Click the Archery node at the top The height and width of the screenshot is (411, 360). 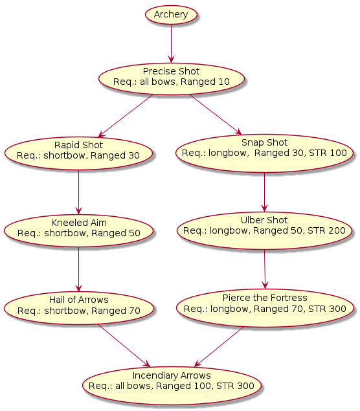pos(171,15)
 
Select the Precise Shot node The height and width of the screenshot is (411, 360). pos(172,78)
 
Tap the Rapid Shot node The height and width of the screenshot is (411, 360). pos(78,153)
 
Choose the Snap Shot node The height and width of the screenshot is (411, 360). pos(264,153)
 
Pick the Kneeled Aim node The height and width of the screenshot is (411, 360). pos(78,230)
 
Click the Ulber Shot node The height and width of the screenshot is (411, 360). pos(264,230)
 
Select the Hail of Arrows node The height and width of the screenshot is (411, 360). pos(78,308)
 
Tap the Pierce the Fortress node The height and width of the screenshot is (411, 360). pos(265,308)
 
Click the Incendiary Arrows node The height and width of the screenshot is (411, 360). pos(172,385)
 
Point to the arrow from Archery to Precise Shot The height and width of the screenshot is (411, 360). pos(171,44)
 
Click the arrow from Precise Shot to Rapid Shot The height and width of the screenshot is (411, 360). pos(126,116)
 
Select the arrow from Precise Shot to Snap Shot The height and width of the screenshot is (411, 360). pos(216,115)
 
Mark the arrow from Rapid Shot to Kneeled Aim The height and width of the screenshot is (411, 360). pos(78,192)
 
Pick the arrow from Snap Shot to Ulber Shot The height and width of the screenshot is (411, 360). pos(264,192)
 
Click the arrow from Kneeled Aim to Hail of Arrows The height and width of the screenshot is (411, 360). pos(78,269)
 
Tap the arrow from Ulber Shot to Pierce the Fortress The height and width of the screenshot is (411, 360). pos(265,269)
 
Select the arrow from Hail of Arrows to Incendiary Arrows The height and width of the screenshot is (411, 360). pos(124,346)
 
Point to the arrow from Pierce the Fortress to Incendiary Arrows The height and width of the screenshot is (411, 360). pos(219,347)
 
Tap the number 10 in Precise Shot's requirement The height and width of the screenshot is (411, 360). pos(224,82)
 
